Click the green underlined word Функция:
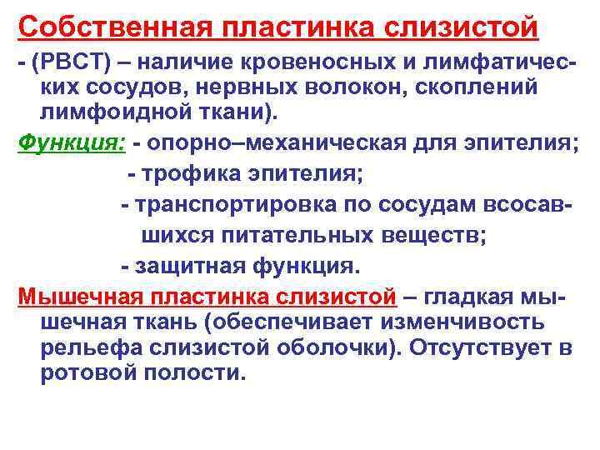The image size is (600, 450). coord(71,143)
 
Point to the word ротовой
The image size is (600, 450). coord(84,373)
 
